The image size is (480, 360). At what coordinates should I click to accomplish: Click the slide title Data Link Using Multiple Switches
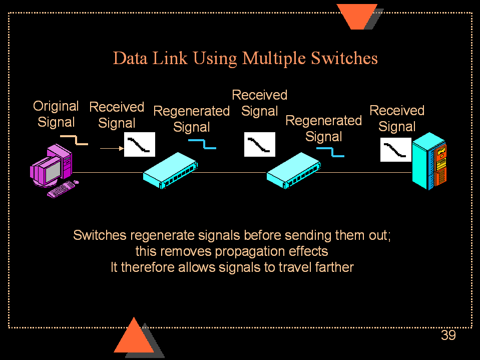pos(245,58)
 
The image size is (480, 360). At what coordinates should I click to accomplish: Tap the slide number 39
pos(448,335)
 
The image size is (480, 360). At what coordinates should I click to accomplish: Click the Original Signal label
pos(56,114)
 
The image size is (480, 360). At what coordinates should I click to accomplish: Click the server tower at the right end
pos(429,162)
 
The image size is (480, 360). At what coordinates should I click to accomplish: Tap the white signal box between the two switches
pos(260,145)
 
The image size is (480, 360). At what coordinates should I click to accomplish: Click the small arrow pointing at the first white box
pos(112,148)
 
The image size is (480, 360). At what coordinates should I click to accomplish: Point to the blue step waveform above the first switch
pos(203,144)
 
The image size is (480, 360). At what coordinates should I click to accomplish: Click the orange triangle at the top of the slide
pos(357,15)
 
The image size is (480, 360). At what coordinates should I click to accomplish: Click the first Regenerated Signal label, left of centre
pos(191,119)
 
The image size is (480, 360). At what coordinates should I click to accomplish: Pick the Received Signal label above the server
pos(397,118)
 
